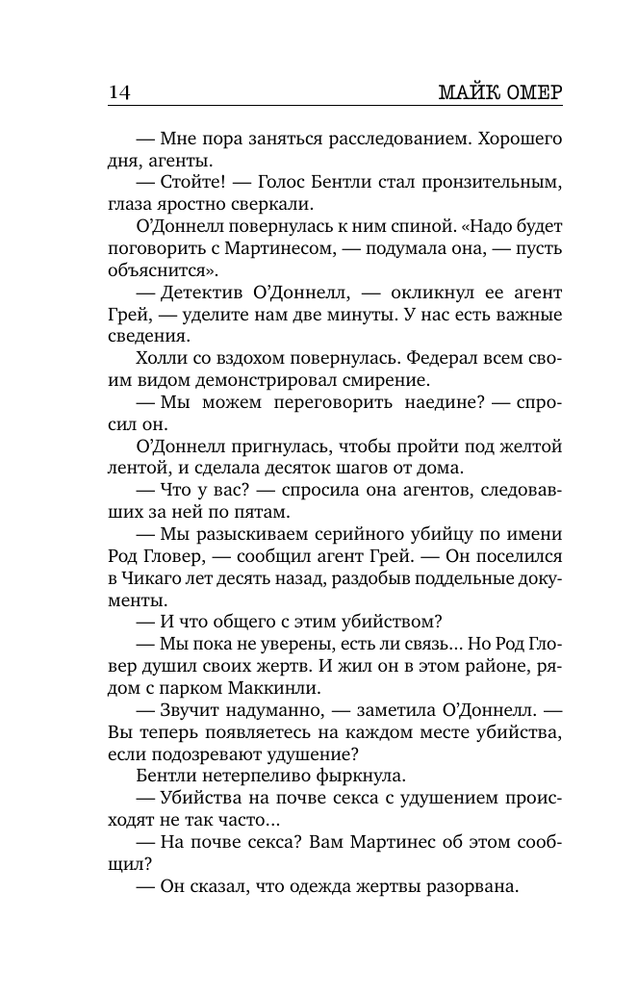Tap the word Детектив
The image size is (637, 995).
[x=207, y=293]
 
